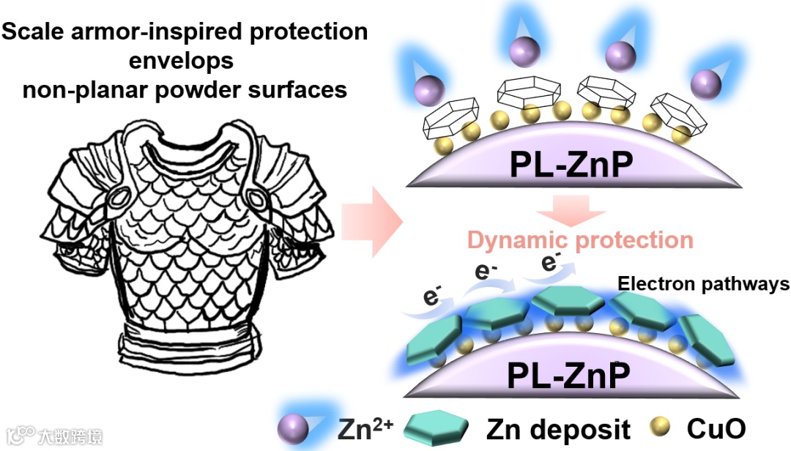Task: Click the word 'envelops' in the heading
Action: coord(181,61)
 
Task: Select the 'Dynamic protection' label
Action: coord(580,240)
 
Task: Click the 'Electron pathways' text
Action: coord(702,284)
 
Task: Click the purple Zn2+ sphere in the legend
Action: coord(292,427)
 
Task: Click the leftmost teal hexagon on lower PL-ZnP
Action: coord(434,344)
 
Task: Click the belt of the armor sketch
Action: coord(186,344)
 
